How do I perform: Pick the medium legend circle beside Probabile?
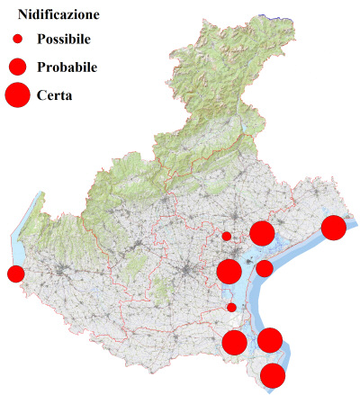click(x=17, y=67)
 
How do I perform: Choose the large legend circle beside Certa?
click(x=17, y=94)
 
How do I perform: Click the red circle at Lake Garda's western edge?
click(x=15, y=274)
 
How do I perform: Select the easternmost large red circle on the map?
click(x=334, y=228)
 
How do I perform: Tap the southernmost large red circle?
click(x=273, y=376)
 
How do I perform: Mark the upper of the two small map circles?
click(x=227, y=236)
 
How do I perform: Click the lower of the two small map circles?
click(x=231, y=307)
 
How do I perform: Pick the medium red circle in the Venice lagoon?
click(x=265, y=268)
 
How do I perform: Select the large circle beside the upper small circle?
click(x=262, y=234)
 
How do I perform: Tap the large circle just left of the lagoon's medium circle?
click(x=229, y=271)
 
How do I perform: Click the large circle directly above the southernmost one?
click(x=270, y=340)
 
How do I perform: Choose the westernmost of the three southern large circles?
click(x=234, y=342)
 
